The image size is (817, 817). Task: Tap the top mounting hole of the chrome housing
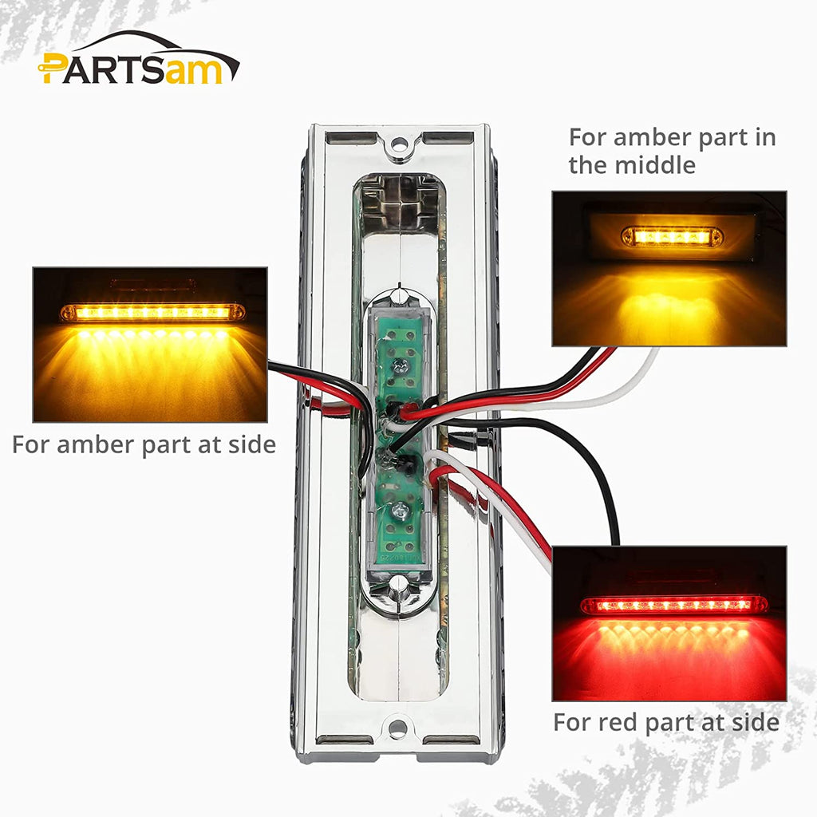(398, 146)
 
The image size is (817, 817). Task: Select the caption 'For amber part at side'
(144, 444)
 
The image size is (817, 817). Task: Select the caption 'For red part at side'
(665, 723)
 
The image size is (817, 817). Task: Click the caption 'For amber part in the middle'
(672, 151)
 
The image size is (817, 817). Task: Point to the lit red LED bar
(673, 605)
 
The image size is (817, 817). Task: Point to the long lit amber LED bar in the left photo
(152, 312)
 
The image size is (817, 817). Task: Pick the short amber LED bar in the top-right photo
(672, 237)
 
